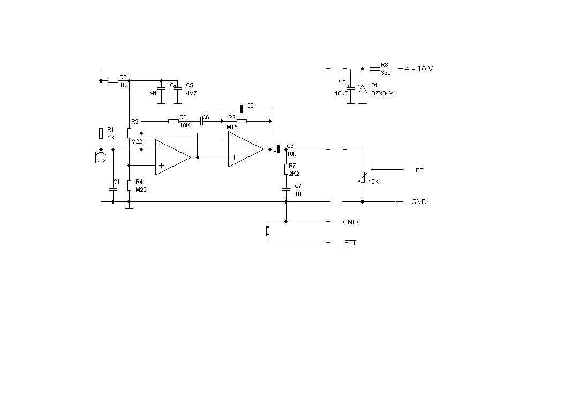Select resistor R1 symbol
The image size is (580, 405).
click(x=101, y=133)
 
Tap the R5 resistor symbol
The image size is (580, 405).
click(x=113, y=80)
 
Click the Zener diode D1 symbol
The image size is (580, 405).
click(x=363, y=89)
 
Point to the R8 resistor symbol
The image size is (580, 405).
click(x=375, y=69)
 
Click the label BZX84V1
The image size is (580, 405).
click(x=383, y=93)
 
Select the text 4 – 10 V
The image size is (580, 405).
click(x=419, y=69)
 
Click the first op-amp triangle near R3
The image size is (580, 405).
click(x=173, y=157)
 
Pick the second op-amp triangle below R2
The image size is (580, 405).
click(x=246, y=149)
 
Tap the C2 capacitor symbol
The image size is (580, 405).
click(x=242, y=109)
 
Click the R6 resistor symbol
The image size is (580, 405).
click(x=174, y=121)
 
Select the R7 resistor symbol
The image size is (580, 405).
click(x=286, y=169)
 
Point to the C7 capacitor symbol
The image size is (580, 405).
click(x=286, y=189)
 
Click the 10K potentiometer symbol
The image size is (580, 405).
click(x=363, y=177)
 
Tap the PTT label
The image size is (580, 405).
click(x=350, y=243)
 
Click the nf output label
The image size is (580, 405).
click(x=419, y=169)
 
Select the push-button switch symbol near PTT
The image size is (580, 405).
click(x=266, y=231)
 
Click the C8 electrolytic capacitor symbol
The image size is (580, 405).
click(x=350, y=89)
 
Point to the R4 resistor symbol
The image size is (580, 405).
click(x=129, y=185)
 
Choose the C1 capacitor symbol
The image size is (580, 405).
click(x=113, y=189)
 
